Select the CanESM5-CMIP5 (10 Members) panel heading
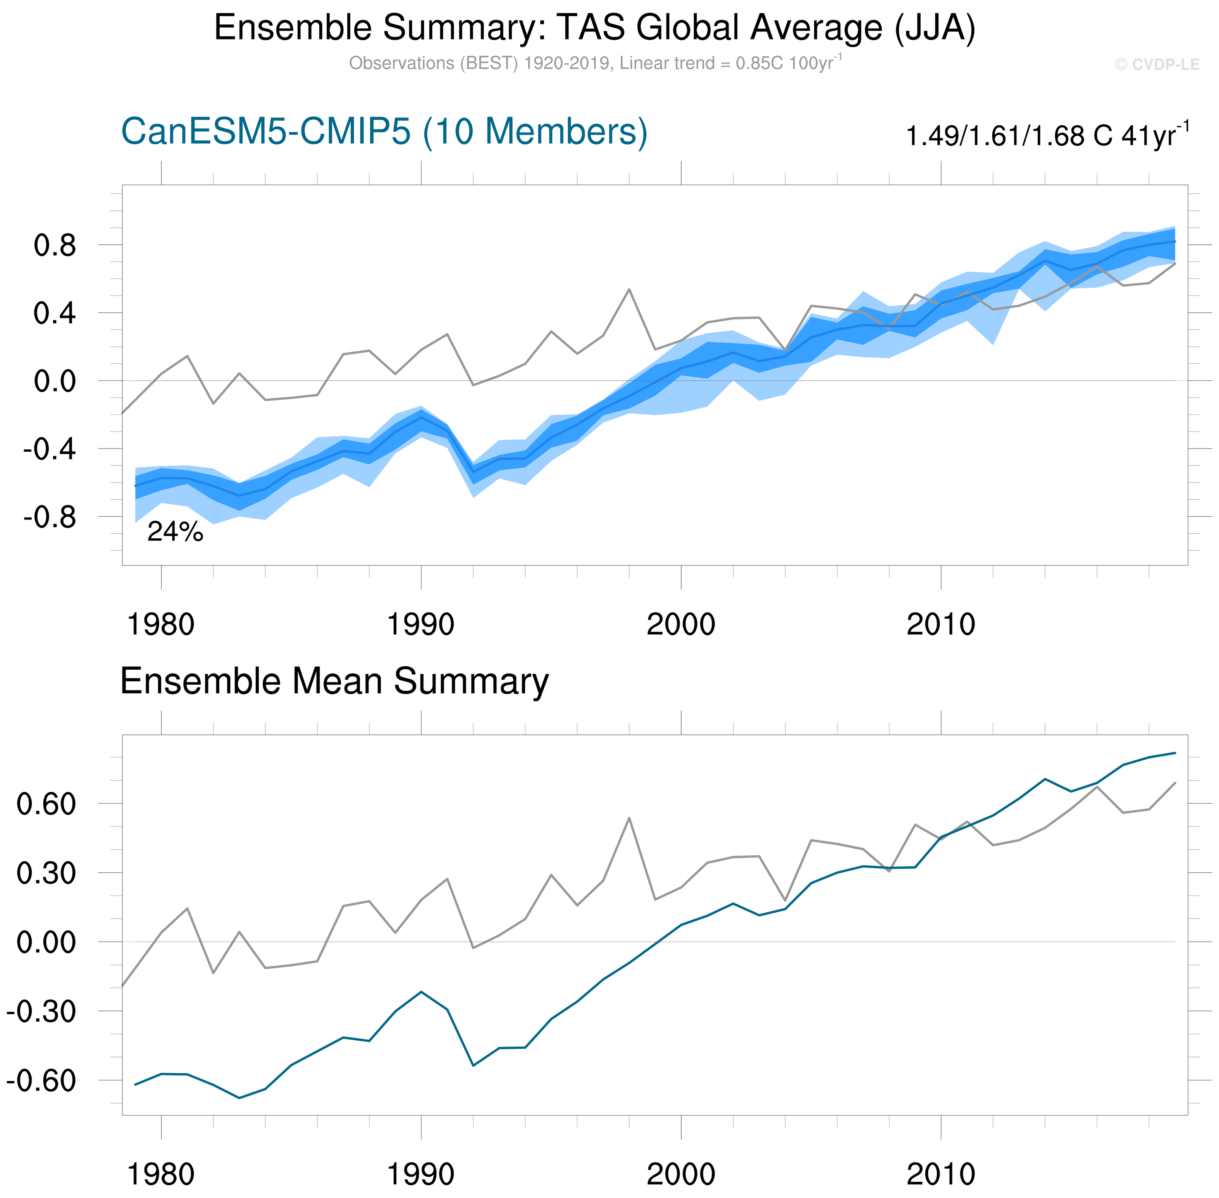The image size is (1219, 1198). tap(384, 132)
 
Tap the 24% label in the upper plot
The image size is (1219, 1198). tap(175, 532)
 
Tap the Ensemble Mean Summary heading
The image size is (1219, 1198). tap(334, 681)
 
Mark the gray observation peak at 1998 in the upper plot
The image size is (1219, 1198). tap(629, 289)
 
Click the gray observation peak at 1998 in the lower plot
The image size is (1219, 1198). tap(629, 818)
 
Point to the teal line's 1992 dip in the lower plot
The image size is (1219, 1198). tap(473, 1066)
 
